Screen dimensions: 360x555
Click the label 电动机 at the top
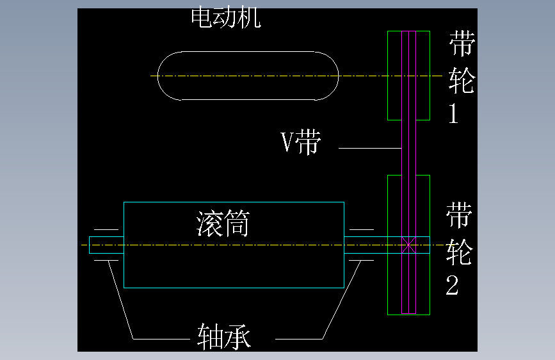[x=226, y=18]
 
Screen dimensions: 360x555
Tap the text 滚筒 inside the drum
[x=222, y=225]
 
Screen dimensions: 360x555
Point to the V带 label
[x=301, y=142]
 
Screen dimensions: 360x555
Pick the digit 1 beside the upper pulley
[x=454, y=114]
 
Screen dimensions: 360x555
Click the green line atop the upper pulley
[x=408, y=31]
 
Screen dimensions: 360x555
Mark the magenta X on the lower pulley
[x=408, y=244]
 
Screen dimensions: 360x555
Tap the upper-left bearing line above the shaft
[x=106, y=229]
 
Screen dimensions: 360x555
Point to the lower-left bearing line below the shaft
[x=106, y=260]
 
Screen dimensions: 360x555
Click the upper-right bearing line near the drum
[x=362, y=229]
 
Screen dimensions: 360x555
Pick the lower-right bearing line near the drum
[x=362, y=260]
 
